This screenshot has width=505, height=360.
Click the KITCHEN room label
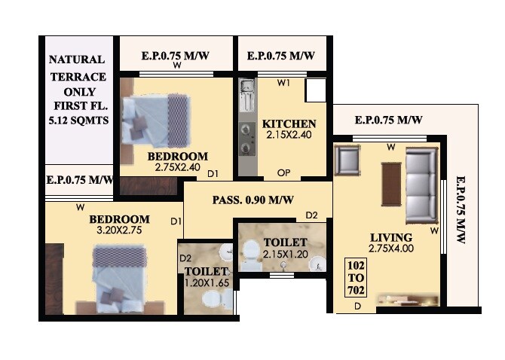pyautogui.click(x=289, y=124)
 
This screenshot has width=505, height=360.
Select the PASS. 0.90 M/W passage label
pyautogui.click(x=252, y=200)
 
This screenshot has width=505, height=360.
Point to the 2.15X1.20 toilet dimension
pyautogui.click(x=286, y=255)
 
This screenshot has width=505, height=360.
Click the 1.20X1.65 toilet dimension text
pyautogui.click(x=207, y=282)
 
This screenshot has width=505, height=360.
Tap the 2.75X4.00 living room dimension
pyautogui.click(x=391, y=248)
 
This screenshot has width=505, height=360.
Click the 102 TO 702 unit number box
pyautogui.click(x=355, y=279)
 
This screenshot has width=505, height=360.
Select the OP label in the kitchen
pyautogui.click(x=283, y=172)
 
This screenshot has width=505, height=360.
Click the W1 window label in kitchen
pyautogui.click(x=283, y=83)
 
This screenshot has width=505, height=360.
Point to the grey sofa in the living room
pyautogui.click(x=421, y=185)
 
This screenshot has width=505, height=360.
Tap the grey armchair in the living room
pyautogui.click(x=347, y=160)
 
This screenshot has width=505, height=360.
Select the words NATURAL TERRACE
pyautogui.click(x=78, y=68)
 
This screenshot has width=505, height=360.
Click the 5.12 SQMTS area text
pyautogui.click(x=78, y=120)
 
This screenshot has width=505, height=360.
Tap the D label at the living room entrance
pyautogui.click(x=357, y=307)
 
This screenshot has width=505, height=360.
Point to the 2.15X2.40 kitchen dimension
pyautogui.click(x=289, y=135)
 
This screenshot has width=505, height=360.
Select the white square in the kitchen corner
pyautogui.click(x=315, y=90)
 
